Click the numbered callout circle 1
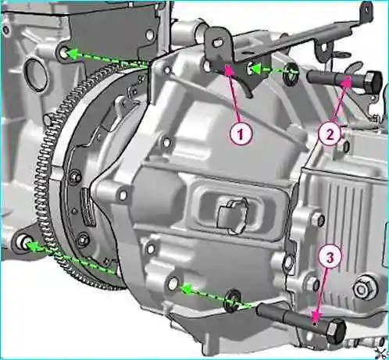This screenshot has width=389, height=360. coord(241,134)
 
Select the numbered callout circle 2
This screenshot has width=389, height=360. coord(330,134)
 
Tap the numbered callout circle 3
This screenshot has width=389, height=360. coord(330,257)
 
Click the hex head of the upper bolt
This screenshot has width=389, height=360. coord(373,80)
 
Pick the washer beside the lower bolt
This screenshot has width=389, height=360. coord(232,300)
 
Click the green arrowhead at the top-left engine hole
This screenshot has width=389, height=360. coord(73,55)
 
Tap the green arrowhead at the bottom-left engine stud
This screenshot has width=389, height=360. coord(32,245)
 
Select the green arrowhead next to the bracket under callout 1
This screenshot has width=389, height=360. coord(256,69)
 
